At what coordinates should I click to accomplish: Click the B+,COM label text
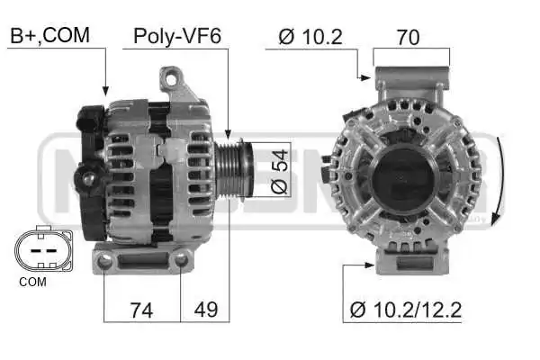coord(49,35)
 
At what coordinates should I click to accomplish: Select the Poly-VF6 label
coord(177,36)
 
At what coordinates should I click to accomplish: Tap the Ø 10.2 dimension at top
coord(310,37)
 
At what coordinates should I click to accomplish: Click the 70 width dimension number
coord(408,37)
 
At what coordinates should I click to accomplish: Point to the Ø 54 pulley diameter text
coord(279,172)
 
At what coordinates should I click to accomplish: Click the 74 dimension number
coord(141,310)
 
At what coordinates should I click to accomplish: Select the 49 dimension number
coord(206,309)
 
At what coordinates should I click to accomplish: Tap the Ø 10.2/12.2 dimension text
coord(406,310)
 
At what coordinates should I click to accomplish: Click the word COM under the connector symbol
coord(32,282)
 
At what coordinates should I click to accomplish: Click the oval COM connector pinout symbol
coord(43,248)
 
